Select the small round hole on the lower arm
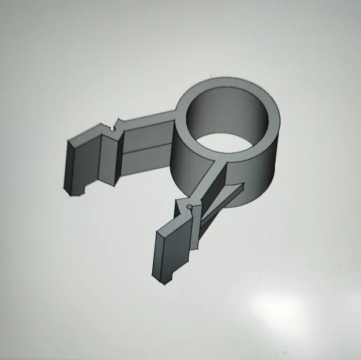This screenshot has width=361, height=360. (x=190, y=206)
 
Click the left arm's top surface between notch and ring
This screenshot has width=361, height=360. (x=147, y=120)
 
